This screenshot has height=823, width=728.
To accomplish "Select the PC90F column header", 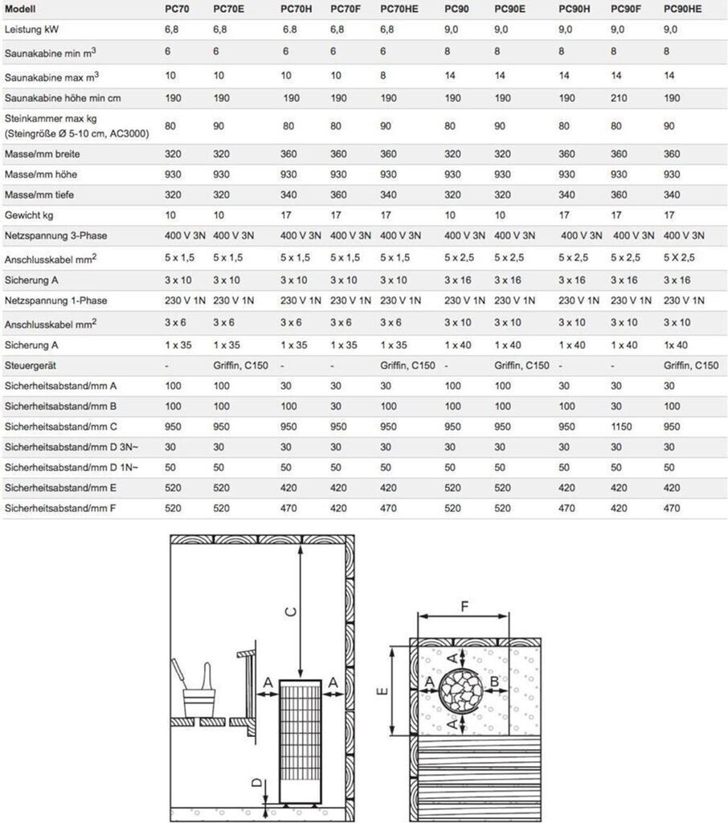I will click(625, 9).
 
